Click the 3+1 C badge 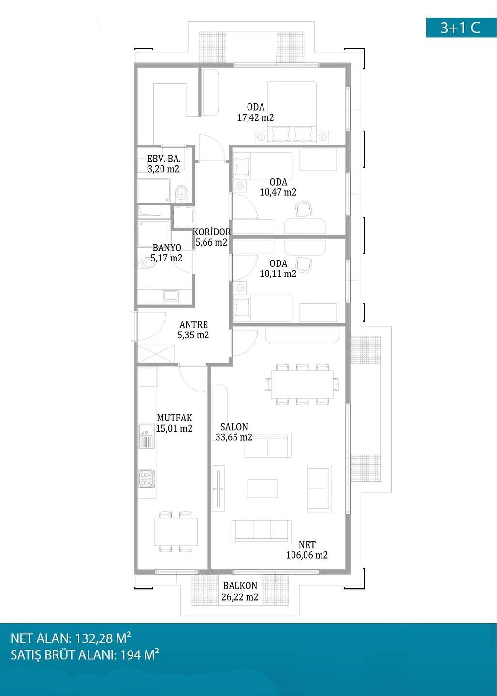click(461, 28)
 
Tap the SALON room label click(234, 427)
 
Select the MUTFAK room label click(175, 418)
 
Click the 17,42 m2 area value click(255, 118)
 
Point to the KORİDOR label click(212, 232)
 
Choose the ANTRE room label click(193, 325)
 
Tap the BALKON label click(240, 586)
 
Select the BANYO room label click(167, 247)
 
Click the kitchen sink click(146, 436)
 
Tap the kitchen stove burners click(146, 478)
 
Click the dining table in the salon click(302, 384)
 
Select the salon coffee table click(262, 489)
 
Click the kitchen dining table click(176, 532)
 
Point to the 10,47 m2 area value click(278, 192)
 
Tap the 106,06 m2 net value click(307, 555)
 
